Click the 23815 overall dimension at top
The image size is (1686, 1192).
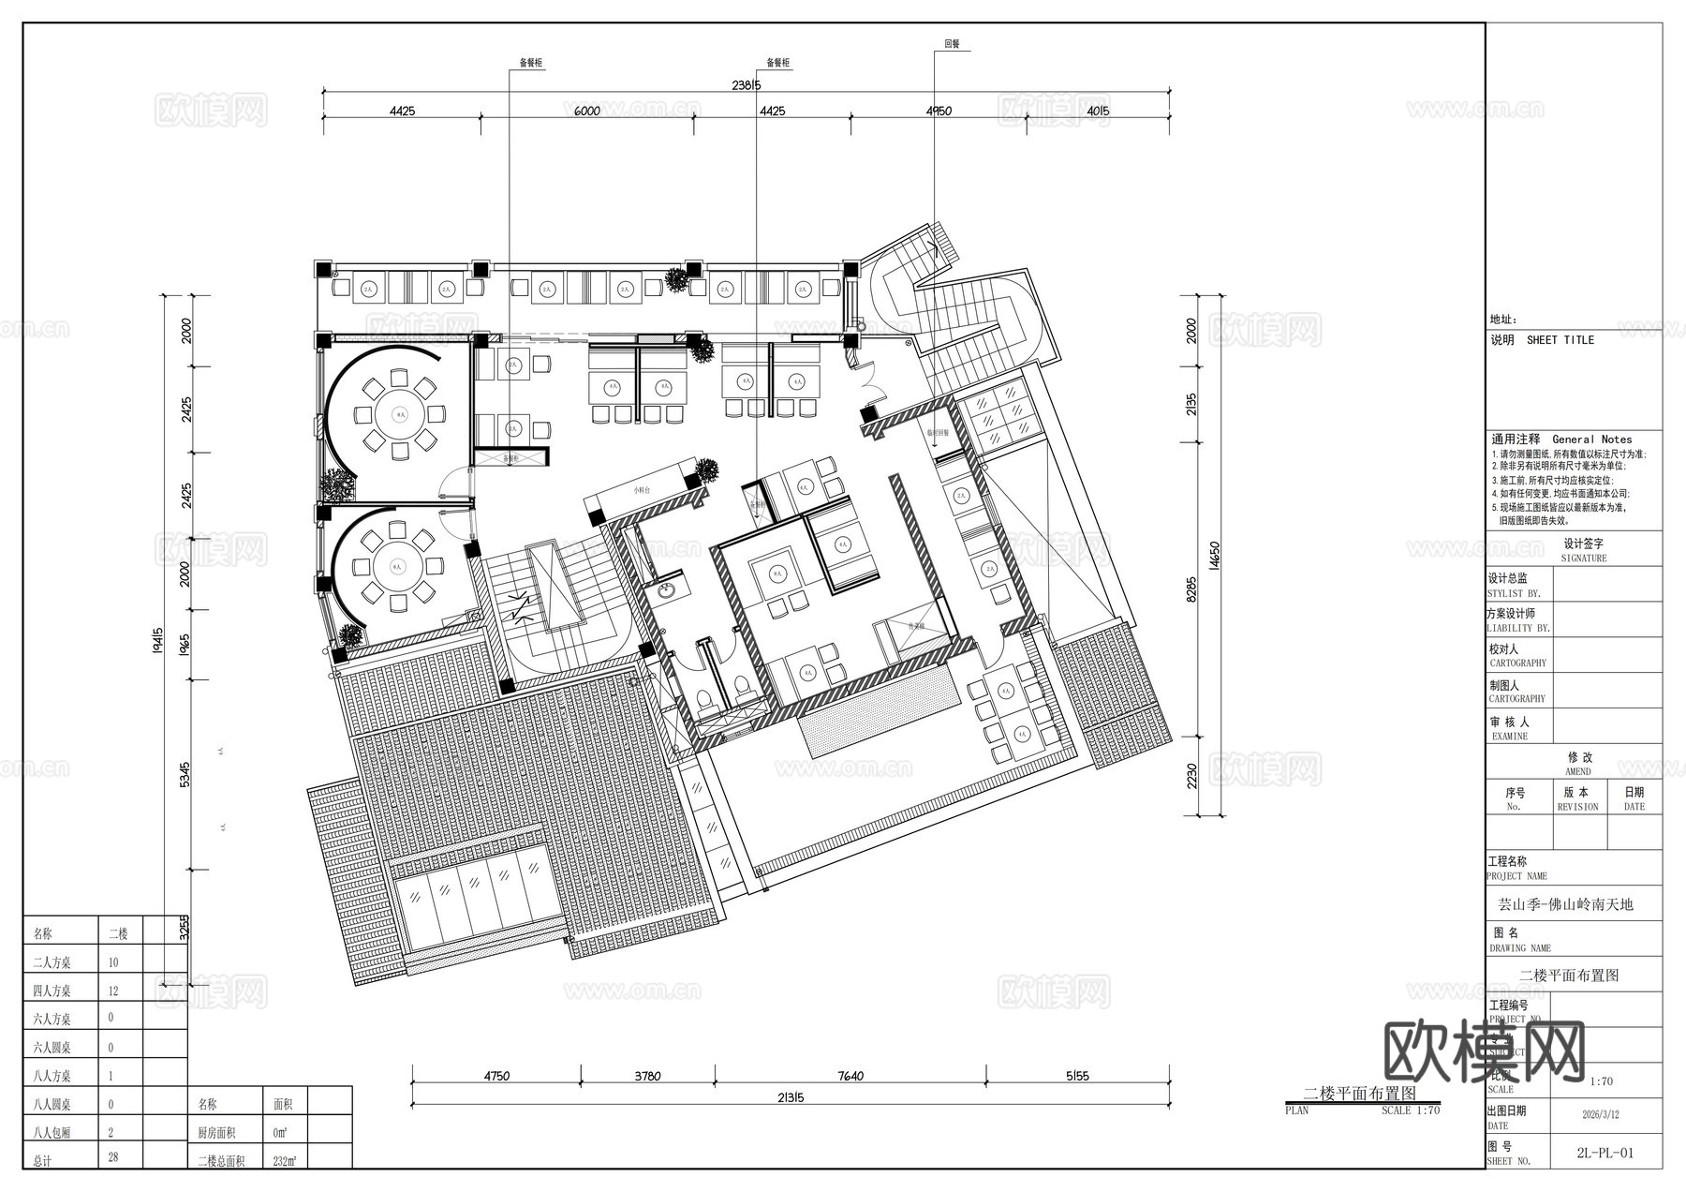746,85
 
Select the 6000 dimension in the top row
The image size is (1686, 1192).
586,111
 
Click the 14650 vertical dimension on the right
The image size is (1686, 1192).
1215,555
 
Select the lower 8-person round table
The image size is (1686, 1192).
397,566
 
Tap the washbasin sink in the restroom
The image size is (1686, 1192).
667,590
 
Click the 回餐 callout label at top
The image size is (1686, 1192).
952,44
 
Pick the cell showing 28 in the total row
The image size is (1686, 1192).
113,1157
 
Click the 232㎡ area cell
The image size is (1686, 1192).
285,1161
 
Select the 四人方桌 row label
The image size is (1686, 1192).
52,991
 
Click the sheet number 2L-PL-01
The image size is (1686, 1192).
1605,1153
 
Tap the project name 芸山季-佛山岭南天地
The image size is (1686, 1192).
1565,904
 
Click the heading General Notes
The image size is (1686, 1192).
1591,439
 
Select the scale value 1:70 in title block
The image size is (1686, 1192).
1601,1080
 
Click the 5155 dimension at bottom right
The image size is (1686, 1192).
1077,1076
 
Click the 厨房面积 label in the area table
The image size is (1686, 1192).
221,1133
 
